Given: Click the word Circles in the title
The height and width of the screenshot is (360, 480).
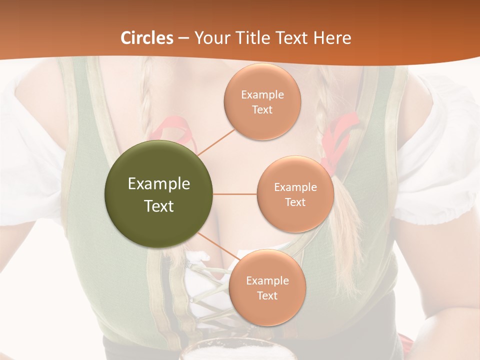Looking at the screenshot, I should point(147,38).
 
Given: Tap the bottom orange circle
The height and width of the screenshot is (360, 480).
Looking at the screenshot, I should point(267,310).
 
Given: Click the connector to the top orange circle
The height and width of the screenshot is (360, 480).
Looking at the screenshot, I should point(216,141).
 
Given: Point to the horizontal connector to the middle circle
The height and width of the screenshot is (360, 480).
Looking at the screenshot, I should point(235,194).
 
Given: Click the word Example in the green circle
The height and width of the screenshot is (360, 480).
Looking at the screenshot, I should point(159,184).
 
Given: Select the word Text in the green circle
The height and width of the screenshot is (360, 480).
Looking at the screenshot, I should point(159,206).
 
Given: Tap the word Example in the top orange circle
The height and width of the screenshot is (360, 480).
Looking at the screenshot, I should point(262,94).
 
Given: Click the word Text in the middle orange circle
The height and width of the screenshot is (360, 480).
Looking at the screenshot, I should point(295,202).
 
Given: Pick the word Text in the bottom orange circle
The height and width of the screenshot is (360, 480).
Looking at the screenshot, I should point(267,295).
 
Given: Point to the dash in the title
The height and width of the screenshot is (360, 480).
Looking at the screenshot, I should point(183,38).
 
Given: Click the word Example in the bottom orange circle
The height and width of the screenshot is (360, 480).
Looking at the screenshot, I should point(267,280).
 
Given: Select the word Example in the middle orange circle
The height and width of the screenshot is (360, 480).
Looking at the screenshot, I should point(295,187).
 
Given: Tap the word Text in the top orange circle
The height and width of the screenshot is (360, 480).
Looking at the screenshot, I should point(262,109).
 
